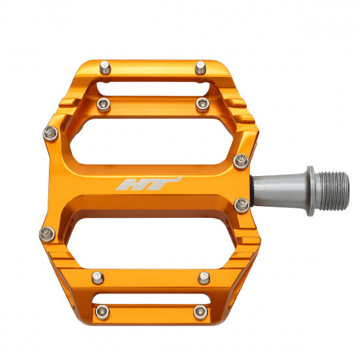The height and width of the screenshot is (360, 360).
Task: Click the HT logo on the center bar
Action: click(148, 183)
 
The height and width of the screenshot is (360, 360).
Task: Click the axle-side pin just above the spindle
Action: click(241, 160)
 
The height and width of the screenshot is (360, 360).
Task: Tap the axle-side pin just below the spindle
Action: click(241, 205)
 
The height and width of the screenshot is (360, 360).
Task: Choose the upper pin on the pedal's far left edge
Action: click(51, 134)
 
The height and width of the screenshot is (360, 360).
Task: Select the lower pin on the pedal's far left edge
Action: click(47, 233)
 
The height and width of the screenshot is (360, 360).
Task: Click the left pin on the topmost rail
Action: click(104, 66)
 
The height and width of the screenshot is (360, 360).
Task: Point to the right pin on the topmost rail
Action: click(200, 67)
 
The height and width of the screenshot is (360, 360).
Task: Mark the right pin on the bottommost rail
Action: click(201, 312)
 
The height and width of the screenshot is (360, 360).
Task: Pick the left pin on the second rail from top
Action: click(103, 104)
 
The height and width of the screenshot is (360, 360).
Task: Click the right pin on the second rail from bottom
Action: click(204, 277)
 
